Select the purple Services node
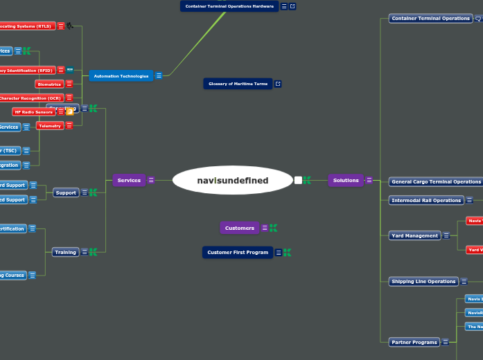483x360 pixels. pos(129,181)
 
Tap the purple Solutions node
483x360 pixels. pos(346,181)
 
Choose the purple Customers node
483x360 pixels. pos(240,228)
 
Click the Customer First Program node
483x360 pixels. pos(238,253)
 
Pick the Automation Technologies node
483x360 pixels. pos(121,76)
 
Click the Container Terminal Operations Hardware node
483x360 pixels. pos(229,6)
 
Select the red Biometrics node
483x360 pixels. pos(49,84)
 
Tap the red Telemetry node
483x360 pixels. pos(49,126)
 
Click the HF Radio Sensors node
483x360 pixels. pos(33,112)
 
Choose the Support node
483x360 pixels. pos(66,193)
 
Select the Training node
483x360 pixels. pos(66,253)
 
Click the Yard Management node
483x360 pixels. pos(414,236)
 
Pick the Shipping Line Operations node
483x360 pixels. pos(423,282)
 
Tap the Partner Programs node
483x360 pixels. pos(414,343)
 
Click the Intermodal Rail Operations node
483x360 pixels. pos(426,201)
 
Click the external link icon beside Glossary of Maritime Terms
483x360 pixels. pos(278,84)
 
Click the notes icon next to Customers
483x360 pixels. pos(265,228)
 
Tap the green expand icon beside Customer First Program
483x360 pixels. pos(287,253)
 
